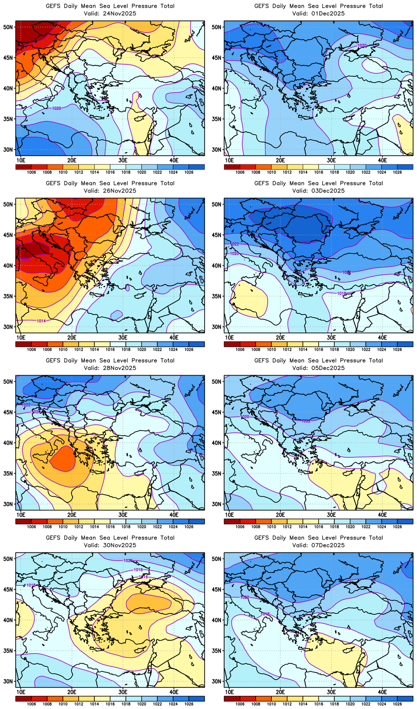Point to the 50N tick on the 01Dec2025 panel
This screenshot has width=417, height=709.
tap(217, 27)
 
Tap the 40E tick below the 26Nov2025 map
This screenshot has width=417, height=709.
tap(174, 337)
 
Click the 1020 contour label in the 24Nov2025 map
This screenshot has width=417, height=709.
tap(56, 108)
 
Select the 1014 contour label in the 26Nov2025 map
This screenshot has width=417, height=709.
tap(41, 321)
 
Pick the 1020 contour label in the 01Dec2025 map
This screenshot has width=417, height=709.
tap(362, 45)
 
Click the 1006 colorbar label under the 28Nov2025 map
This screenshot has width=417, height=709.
tap(32, 527)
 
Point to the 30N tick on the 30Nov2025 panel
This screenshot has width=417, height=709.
tap(8, 681)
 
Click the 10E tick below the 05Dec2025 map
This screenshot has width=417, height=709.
tap(230, 514)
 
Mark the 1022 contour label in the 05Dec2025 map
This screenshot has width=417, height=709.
tap(306, 421)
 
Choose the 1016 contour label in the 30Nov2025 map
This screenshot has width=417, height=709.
tap(144, 577)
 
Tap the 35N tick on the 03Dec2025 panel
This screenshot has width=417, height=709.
tap(217, 296)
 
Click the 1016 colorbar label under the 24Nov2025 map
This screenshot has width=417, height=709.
tap(110, 172)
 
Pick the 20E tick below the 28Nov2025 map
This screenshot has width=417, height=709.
tap(72, 514)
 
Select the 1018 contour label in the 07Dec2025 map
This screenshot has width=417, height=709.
tap(265, 614)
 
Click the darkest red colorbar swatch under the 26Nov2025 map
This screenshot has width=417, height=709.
tap(23, 344)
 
